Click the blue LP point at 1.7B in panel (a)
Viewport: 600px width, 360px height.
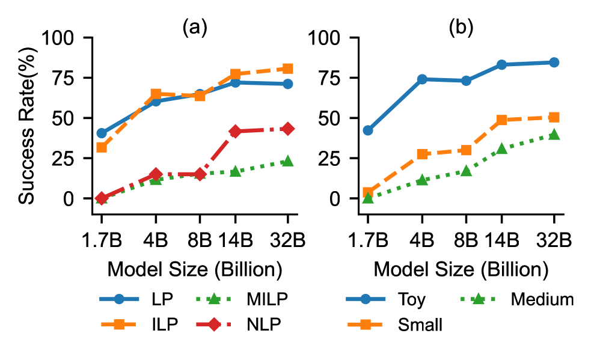101,133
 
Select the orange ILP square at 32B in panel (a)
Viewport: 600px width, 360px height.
287,69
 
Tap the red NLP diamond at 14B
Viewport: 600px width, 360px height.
235,131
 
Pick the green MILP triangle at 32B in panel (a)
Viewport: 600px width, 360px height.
287,161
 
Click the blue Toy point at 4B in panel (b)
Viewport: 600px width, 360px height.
421,79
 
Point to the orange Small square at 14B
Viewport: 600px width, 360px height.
501,120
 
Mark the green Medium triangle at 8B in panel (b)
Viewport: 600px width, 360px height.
466,171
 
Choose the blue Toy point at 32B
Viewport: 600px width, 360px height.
554,63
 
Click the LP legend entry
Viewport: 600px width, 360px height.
144,299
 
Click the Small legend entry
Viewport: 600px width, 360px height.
420,325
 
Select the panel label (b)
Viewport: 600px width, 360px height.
461,28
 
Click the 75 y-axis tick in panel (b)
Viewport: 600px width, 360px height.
324,78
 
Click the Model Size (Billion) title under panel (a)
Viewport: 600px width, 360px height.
195,269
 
